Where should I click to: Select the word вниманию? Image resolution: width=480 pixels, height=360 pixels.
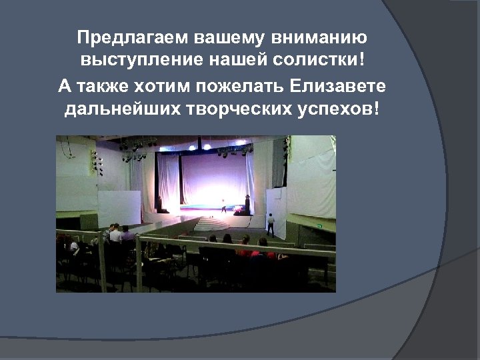pyautogui.click(x=319, y=36)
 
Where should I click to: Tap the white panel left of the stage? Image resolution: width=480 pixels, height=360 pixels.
pyautogui.click(x=120, y=209)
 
